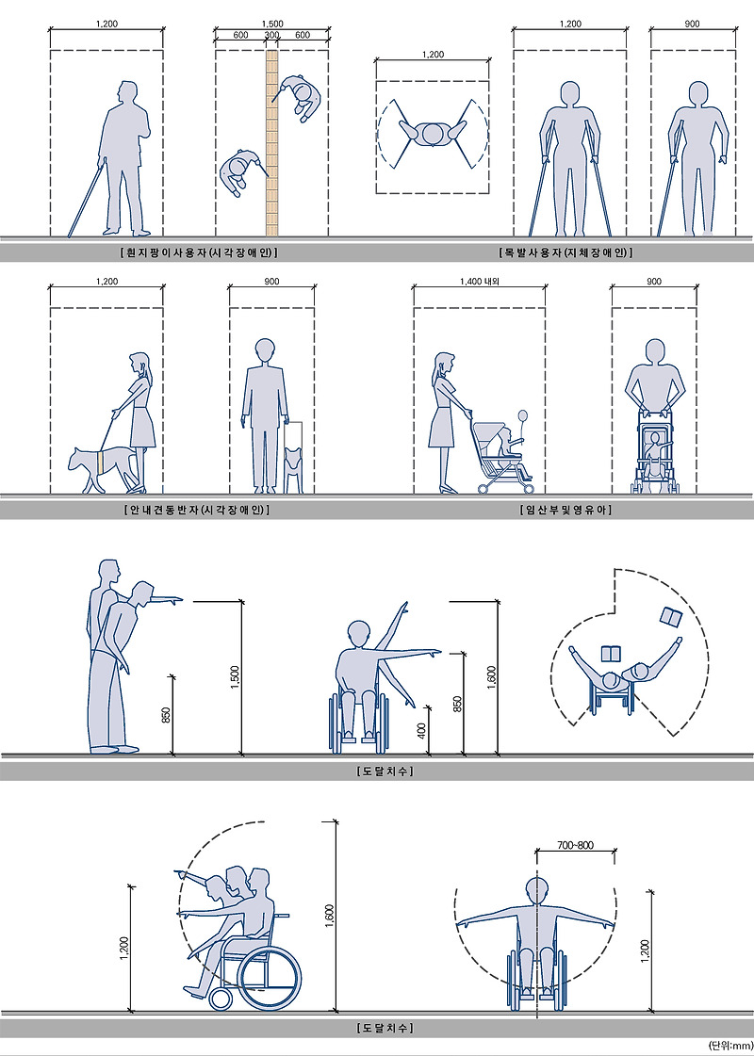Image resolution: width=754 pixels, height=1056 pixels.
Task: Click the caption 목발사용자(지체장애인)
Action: tap(565, 252)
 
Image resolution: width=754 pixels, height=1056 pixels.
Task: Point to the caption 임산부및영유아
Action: tap(566, 510)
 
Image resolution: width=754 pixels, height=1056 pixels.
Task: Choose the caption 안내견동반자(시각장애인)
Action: tap(197, 510)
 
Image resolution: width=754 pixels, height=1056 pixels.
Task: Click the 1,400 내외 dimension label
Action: tap(480, 282)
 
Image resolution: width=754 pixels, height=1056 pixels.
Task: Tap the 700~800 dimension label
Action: tap(576, 845)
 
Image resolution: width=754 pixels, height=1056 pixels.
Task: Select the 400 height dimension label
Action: tap(422, 730)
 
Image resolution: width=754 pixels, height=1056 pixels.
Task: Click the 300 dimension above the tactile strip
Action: tap(271, 35)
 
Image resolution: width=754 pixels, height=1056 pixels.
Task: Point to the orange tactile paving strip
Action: tap(272, 143)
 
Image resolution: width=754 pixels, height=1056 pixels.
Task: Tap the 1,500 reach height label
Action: tap(235, 677)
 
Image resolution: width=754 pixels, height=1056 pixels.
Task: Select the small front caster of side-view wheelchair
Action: tap(221, 999)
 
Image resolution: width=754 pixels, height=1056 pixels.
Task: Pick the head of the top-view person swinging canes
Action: tap(432, 134)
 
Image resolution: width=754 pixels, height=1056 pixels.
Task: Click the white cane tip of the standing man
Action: tap(70, 236)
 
